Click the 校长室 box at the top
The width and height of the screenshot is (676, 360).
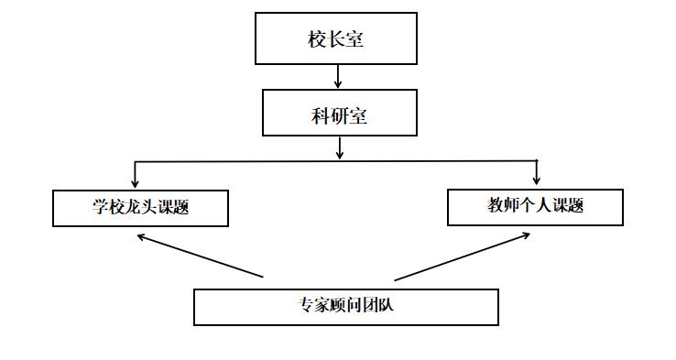click(x=336, y=38)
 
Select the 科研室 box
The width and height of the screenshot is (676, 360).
click(x=340, y=113)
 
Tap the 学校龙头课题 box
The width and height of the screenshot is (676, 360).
click(x=140, y=208)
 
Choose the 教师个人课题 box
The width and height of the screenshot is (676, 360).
click(x=535, y=207)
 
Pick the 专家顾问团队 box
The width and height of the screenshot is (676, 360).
click(x=346, y=307)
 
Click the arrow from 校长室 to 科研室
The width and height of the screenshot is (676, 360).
click(x=339, y=76)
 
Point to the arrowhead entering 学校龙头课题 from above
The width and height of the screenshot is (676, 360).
click(x=136, y=182)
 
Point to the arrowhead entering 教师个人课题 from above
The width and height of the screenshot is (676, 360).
click(x=537, y=179)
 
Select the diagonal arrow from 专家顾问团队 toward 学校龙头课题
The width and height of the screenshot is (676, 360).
click(x=200, y=256)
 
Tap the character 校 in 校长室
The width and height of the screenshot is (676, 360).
click(x=318, y=39)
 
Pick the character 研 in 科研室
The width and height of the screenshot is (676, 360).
click(x=340, y=116)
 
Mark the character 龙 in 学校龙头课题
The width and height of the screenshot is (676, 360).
click(x=132, y=207)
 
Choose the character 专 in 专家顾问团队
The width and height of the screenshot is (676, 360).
click(x=307, y=305)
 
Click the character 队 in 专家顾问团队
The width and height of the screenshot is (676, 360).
click(x=386, y=305)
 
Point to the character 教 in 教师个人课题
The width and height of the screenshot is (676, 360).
click(x=496, y=205)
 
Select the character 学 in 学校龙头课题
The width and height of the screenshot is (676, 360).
click(x=100, y=207)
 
